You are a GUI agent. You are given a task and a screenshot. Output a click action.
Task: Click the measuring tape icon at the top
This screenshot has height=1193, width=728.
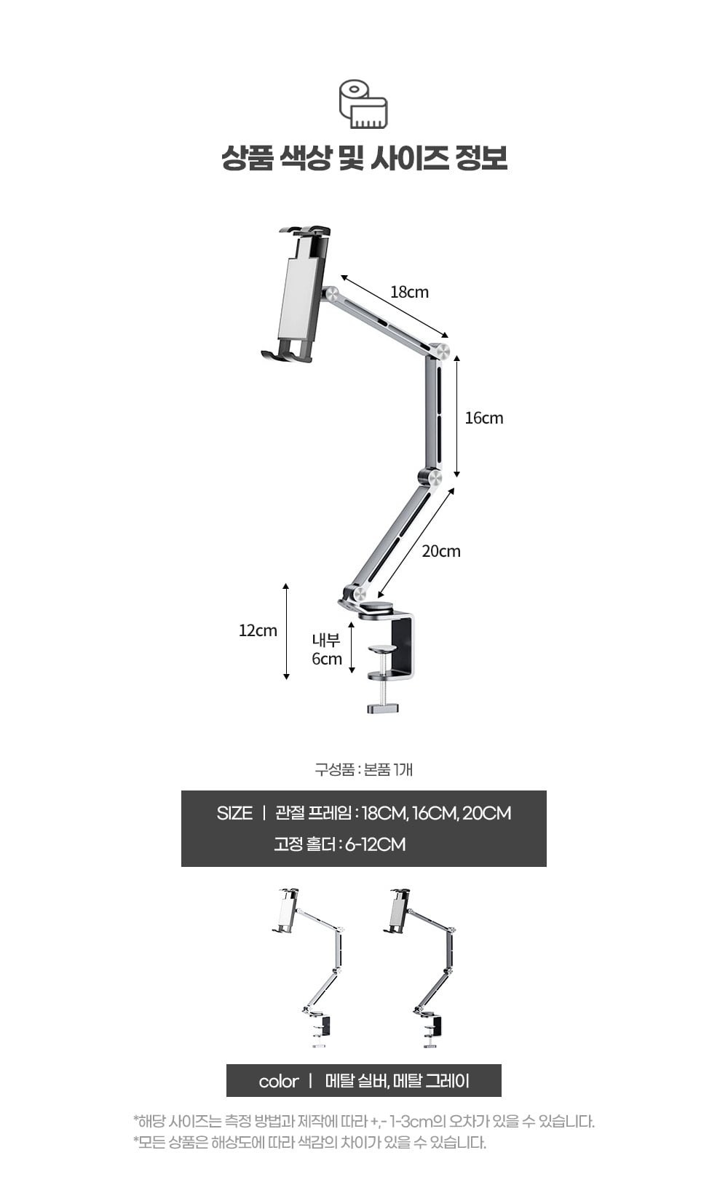point(363,104)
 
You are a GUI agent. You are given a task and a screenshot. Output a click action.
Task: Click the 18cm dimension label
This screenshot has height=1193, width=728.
point(409,292)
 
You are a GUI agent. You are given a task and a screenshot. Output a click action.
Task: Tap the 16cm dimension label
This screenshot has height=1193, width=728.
point(483,418)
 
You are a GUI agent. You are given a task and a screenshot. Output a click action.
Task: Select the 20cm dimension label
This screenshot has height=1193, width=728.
point(441,551)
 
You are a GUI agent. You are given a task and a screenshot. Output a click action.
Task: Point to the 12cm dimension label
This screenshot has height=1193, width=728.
point(258,630)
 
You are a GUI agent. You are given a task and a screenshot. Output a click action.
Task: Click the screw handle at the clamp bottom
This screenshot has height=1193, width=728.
point(382,708)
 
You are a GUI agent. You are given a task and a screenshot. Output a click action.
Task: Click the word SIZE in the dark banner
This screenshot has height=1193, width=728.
point(234,813)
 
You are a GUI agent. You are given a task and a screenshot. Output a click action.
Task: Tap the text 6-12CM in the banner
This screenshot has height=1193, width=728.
point(376,844)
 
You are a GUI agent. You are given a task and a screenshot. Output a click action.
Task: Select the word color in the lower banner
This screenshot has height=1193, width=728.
point(279,1081)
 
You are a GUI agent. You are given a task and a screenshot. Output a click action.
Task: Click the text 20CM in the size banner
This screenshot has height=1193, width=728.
point(486,813)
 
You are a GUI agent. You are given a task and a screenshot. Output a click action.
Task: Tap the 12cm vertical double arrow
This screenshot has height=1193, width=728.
point(286,631)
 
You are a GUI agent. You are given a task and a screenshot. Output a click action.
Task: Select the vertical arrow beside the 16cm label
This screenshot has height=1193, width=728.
point(456,416)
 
